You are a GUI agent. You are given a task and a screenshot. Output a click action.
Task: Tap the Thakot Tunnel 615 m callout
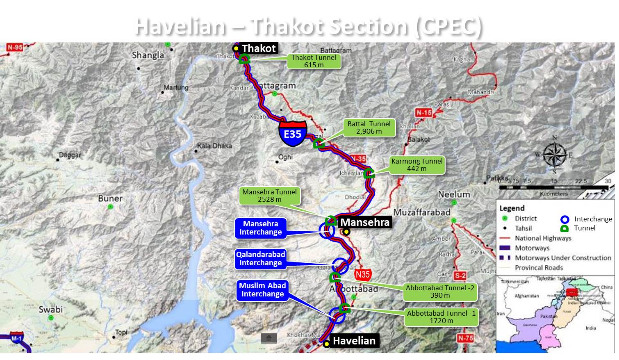pos(314,61)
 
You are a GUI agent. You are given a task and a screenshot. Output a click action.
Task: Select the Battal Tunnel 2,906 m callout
pos(369,128)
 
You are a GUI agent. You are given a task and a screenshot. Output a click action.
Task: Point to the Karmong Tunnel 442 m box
pos(417,165)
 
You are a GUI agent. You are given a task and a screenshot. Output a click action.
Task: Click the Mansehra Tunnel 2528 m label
pos(269,196)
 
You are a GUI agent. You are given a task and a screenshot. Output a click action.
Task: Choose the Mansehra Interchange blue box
pos(261,228)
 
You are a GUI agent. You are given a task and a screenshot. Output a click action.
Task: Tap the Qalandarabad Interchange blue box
pos(261,259)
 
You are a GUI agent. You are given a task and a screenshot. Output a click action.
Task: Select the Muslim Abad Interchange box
pos(262,290)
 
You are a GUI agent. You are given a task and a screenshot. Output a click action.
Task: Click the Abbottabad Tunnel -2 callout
pos(440,292)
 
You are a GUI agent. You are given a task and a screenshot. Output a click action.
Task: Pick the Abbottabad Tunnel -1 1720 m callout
pos(441,317)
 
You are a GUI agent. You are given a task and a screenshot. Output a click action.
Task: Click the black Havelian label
pos(354,341)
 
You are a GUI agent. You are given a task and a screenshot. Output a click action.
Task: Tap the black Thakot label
pos(259,48)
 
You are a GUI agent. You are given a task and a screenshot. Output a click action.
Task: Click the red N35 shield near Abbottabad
pos(362,274)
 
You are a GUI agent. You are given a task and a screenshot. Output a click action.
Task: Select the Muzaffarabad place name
pos(422,212)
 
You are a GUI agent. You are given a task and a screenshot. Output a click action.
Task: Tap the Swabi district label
pos(50,309)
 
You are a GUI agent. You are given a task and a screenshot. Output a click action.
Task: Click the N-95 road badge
pos(15,47)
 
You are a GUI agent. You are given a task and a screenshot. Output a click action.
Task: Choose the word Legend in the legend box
pos(512,208)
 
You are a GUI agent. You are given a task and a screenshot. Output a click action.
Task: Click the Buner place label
pos(110,198)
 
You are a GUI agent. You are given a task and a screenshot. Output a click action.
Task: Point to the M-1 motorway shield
pos(16,339)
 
